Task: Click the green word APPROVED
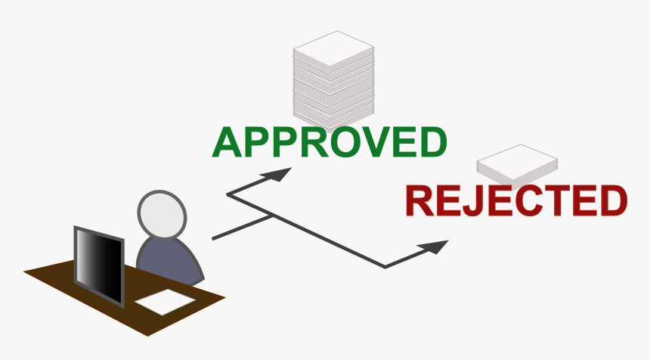330,142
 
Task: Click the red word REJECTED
516,200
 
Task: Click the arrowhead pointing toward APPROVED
279,175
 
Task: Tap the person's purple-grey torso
169,261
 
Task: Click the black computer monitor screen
98,265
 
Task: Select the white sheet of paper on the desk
165,303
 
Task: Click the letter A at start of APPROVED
227,143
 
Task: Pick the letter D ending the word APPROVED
431,142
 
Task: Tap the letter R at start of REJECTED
419,201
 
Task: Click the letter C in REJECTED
534,200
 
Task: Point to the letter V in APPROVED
373,142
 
